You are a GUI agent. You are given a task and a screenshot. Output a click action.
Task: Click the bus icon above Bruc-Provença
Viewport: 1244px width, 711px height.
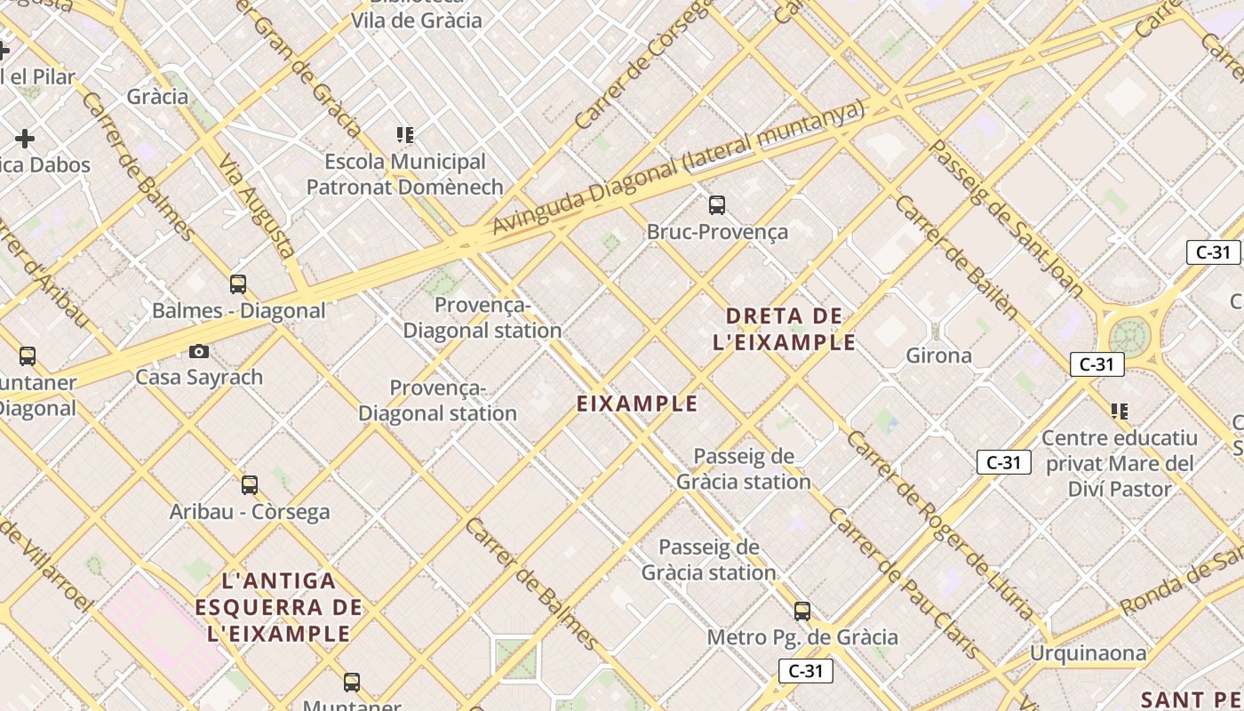[717, 205]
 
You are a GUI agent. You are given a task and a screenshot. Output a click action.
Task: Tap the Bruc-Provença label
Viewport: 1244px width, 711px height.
[717, 232]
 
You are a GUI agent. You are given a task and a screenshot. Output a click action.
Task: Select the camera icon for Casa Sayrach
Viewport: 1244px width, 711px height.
[199, 351]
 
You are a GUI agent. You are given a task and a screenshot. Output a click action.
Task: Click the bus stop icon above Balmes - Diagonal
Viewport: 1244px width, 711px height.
[238, 284]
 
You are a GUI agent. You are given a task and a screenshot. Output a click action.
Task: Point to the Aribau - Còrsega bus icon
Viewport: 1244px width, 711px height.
[250, 485]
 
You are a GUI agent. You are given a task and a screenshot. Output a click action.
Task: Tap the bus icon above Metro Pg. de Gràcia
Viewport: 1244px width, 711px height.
[802, 611]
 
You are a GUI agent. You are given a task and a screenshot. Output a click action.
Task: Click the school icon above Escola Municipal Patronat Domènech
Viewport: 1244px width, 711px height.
[405, 135]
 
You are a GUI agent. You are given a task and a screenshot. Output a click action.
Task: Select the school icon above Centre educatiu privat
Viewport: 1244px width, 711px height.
[1120, 411]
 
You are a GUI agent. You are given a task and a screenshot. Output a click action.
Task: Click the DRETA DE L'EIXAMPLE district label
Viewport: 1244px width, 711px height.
[785, 329]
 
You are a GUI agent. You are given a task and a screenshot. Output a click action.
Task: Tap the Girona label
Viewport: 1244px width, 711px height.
[938, 355]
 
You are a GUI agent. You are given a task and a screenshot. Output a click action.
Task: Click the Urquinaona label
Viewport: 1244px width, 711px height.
[1088, 653]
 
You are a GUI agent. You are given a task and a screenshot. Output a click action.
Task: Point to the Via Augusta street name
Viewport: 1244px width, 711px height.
[257, 205]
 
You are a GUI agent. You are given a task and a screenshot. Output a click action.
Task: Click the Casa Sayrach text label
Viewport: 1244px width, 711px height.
[199, 377]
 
